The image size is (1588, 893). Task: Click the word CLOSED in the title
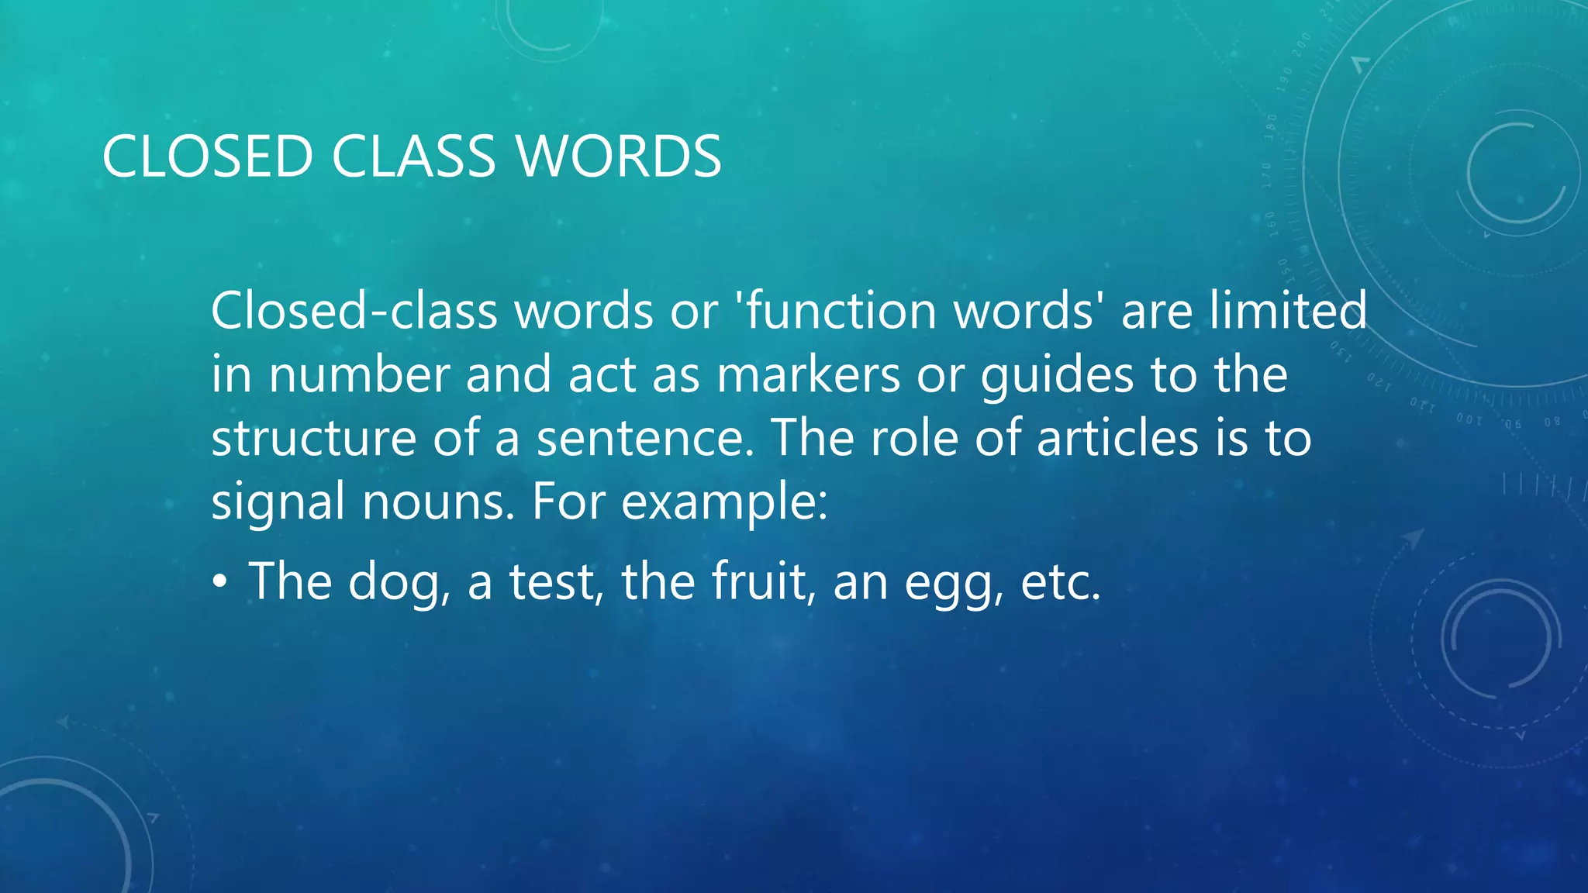click(x=207, y=157)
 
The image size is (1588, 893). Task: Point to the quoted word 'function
click(x=840, y=311)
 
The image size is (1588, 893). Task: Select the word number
click(x=359, y=375)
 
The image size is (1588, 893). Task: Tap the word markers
click(x=808, y=375)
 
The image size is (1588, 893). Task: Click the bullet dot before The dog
click(x=220, y=582)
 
